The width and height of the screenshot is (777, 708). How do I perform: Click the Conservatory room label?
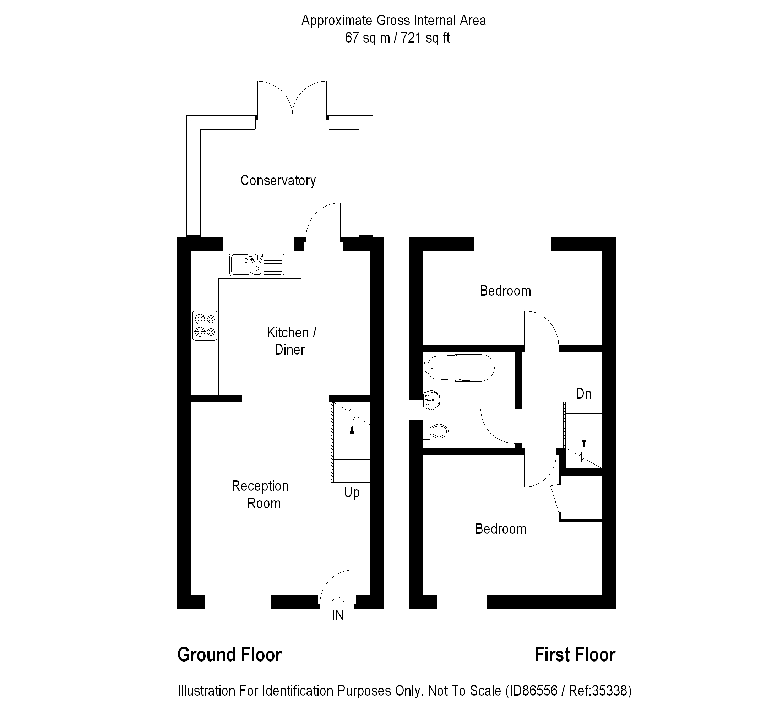pos(278,180)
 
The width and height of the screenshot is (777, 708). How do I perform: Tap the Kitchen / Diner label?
pos(291,341)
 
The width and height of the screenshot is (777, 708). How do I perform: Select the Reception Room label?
pos(261,495)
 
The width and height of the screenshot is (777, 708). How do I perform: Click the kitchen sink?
pos(256,265)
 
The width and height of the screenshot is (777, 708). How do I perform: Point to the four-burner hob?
pos(205,325)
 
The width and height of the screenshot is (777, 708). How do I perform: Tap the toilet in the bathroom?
pos(438,431)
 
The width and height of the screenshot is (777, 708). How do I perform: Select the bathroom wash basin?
pos(432,400)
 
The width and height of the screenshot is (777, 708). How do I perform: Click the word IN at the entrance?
pos(338,615)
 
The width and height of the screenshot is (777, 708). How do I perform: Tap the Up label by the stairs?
pos(352,492)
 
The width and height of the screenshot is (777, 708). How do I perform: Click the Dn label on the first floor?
pos(583,394)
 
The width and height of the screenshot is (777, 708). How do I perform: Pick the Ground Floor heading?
pos(229,655)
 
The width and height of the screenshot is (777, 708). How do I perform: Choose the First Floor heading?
pos(575,655)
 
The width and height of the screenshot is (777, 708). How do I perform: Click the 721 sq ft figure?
pos(425,38)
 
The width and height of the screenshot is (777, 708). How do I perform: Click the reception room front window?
pos(238,602)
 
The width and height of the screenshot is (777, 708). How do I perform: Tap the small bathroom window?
pos(416,410)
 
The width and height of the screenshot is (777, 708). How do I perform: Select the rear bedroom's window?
pos(512,244)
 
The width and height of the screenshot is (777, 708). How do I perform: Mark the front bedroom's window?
pos(462,602)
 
